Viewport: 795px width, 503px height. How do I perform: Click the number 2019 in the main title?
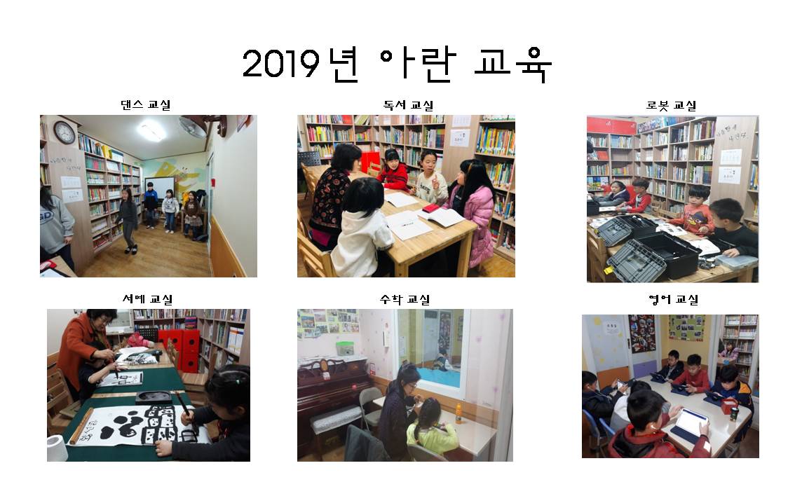click(x=281, y=64)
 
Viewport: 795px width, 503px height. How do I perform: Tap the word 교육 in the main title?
click(x=512, y=64)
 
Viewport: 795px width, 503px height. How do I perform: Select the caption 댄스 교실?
click(x=146, y=105)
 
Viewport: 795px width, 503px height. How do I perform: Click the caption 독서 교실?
click(x=408, y=105)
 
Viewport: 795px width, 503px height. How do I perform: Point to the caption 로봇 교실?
click(x=672, y=105)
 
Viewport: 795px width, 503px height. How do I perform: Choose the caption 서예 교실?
click(x=148, y=299)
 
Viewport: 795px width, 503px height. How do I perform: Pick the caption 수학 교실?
click(x=405, y=299)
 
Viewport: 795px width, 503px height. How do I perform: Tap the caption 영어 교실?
click(x=673, y=299)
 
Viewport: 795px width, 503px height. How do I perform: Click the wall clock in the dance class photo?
click(x=64, y=132)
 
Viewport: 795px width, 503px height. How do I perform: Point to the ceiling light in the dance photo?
click(x=151, y=131)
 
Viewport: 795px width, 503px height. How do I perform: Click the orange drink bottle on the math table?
click(x=458, y=413)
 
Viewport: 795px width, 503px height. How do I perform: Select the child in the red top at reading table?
click(x=393, y=170)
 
